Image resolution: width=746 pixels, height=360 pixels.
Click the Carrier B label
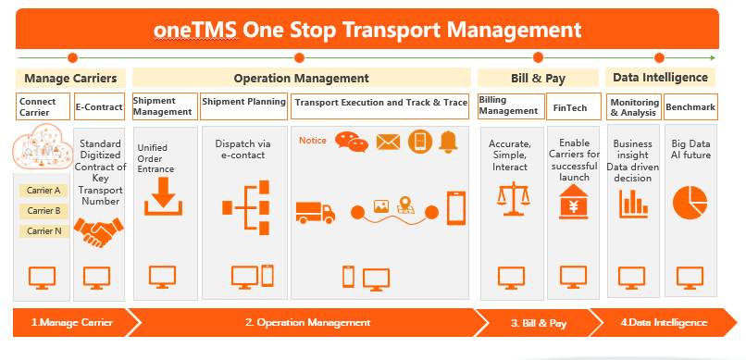tap(44, 211)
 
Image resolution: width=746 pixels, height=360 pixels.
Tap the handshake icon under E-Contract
tap(99, 232)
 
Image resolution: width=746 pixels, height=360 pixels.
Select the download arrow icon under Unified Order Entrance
tap(164, 197)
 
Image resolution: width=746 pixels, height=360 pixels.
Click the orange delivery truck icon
tap(316, 212)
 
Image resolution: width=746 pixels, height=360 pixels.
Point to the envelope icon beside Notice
tap(388, 142)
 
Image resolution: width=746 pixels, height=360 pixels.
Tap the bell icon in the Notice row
tap(448, 142)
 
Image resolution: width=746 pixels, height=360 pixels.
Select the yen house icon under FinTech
tap(573, 202)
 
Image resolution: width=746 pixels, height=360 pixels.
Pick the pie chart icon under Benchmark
tap(690, 203)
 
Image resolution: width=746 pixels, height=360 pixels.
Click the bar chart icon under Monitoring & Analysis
tap(634, 204)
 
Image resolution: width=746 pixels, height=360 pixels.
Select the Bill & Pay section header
tap(538, 78)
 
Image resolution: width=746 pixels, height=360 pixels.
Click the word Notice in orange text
tap(313, 141)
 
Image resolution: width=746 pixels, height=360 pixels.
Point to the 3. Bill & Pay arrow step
tap(539, 323)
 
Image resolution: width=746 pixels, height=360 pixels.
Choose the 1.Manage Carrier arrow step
tap(72, 322)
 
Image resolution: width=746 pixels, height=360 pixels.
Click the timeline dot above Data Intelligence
tap(659, 58)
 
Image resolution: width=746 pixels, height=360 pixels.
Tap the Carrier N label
tap(44, 231)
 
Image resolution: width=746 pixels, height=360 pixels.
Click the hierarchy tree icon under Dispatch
tap(246, 207)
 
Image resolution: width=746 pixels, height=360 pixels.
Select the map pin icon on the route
tap(405, 205)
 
